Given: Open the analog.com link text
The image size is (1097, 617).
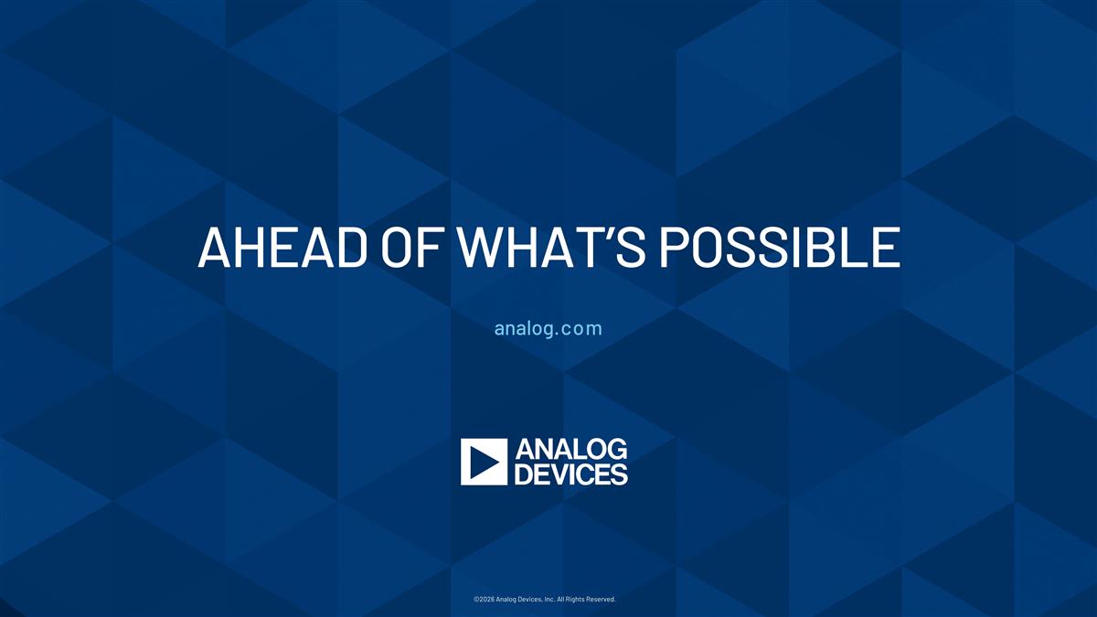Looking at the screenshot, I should coord(548,328).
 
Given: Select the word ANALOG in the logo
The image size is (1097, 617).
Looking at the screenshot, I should coord(571,450).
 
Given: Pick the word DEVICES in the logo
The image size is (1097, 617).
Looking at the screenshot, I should coord(571,474).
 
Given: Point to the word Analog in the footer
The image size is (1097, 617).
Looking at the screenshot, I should coord(513,600).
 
